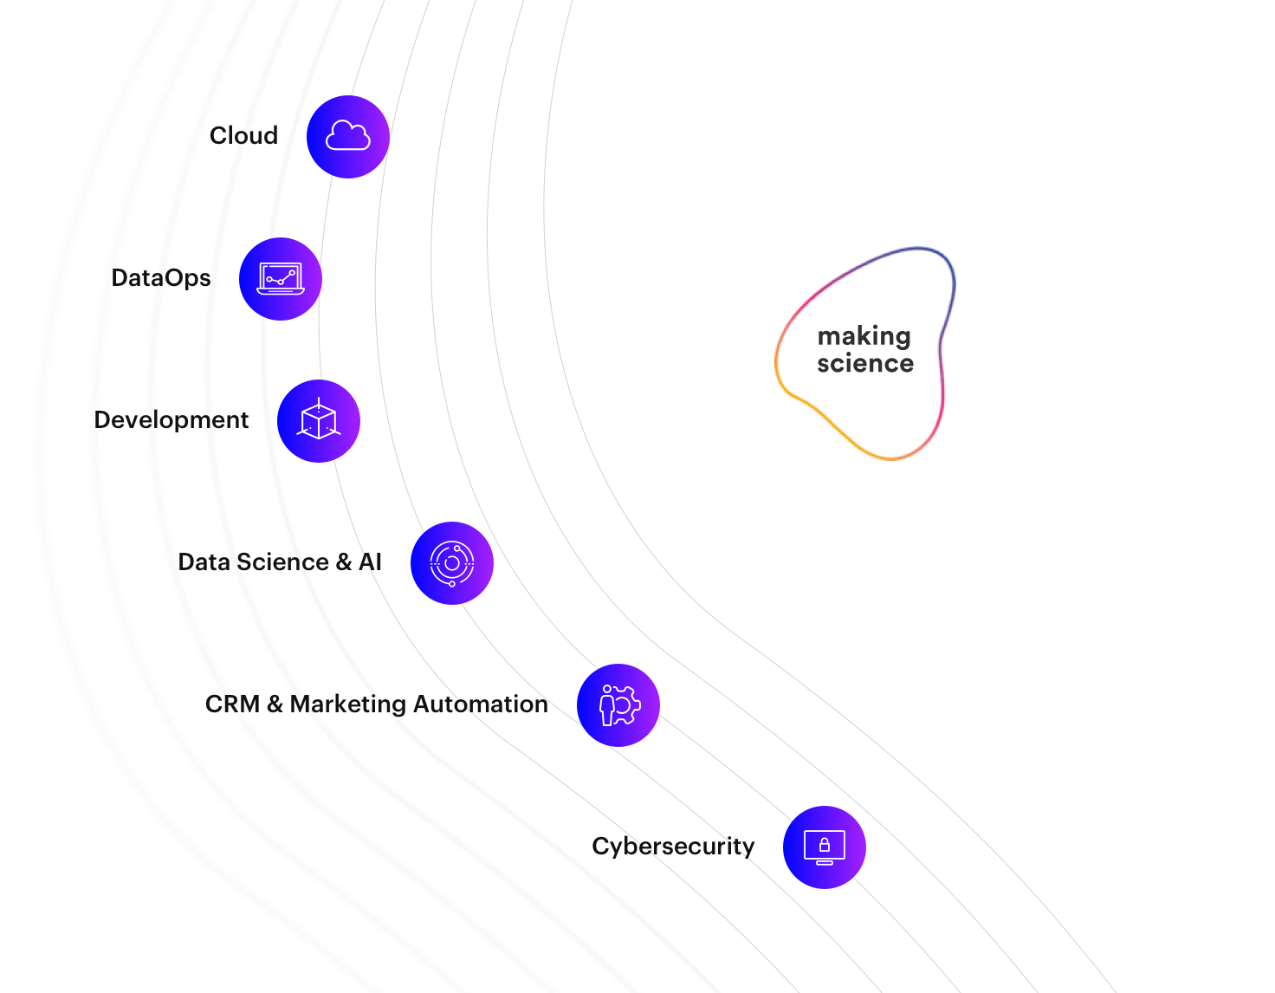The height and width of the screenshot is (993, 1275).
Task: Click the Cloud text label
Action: pyautogui.click(x=243, y=136)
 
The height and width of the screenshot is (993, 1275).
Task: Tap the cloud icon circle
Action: pyautogui.click(x=348, y=137)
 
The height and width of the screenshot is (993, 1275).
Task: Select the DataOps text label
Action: pyautogui.click(x=161, y=278)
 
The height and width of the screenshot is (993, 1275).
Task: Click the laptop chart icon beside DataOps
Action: pyautogui.click(x=281, y=279)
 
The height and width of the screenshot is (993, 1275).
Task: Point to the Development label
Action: pyautogui.click(x=172, y=420)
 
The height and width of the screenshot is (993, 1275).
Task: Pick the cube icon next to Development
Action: pyautogui.click(x=319, y=421)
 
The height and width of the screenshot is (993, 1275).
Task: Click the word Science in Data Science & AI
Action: pyautogui.click(x=283, y=562)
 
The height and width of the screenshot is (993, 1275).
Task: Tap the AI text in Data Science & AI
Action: pyautogui.click(x=371, y=562)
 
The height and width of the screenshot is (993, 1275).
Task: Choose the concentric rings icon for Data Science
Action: pyautogui.click(x=452, y=563)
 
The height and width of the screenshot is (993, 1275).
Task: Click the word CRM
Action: pyautogui.click(x=232, y=704)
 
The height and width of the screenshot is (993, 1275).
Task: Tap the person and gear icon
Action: pyautogui.click(x=618, y=705)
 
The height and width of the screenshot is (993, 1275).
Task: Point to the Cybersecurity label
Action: pyautogui.click(x=673, y=847)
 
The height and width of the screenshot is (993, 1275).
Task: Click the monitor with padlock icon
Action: pyautogui.click(x=825, y=847)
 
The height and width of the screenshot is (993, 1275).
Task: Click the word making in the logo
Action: pyautogui.click(x=864, y=336)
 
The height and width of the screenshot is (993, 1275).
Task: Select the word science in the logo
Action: pyautogui.click(x=865, y=363)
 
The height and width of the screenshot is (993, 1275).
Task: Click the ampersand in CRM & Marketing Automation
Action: pyautogui.click(x=275, y=704)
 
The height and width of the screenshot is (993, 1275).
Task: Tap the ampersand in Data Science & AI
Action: pyautogui.click(x=344, y=562)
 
